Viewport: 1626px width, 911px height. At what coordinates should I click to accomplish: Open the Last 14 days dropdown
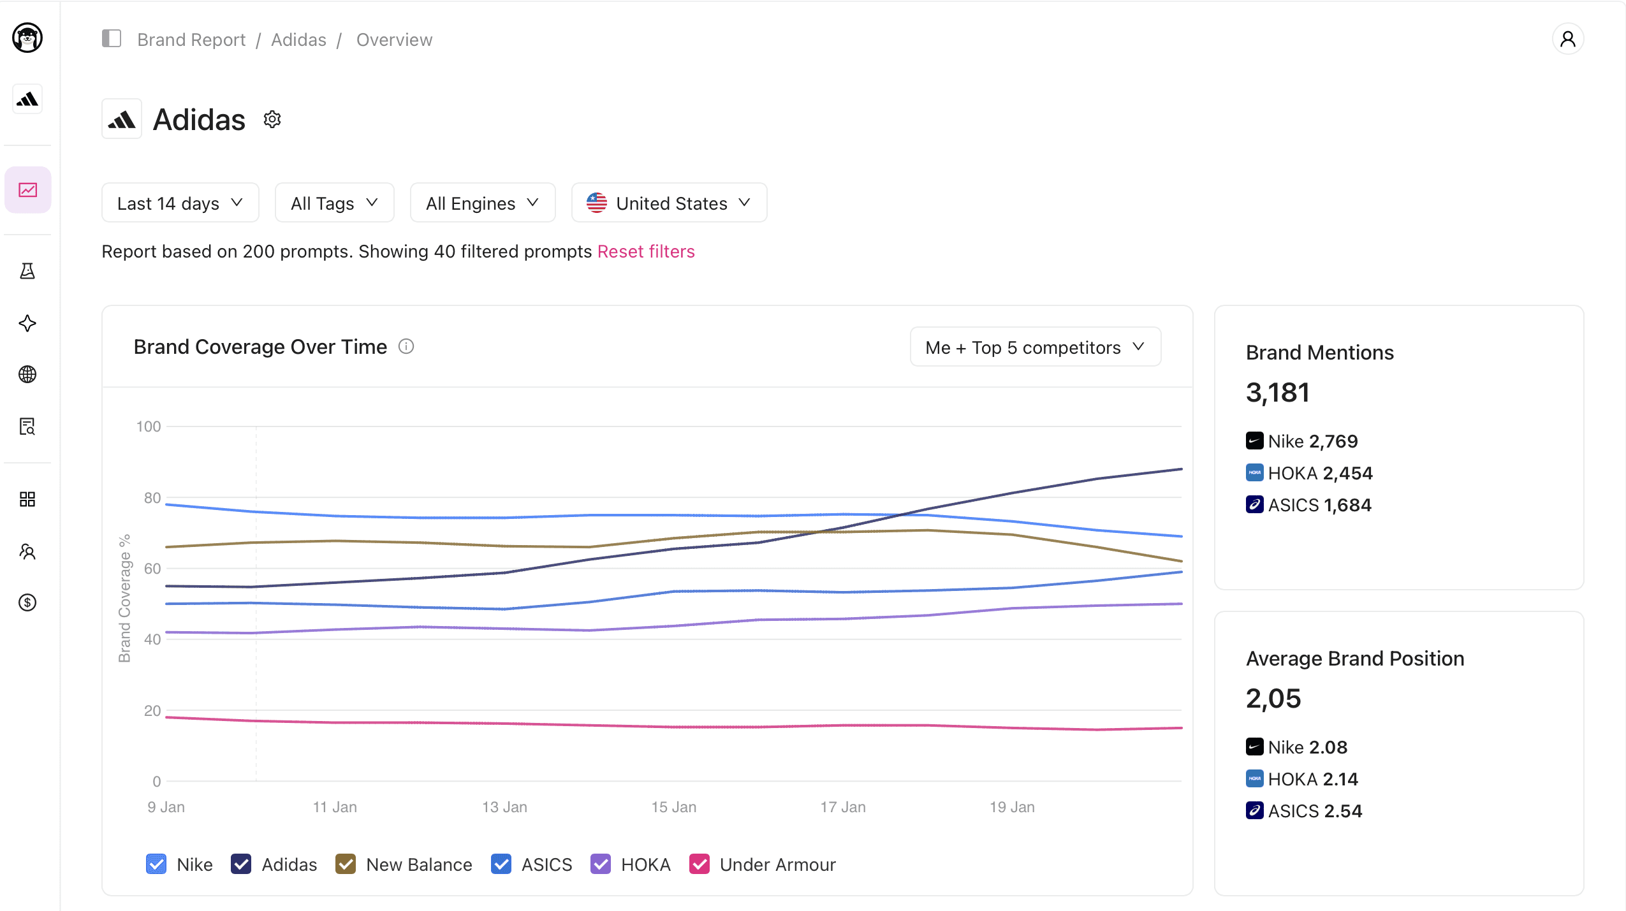click(180, 203)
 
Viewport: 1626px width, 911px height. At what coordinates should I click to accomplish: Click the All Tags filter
click(334, 203)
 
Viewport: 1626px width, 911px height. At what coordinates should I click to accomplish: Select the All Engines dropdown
click(482, 203)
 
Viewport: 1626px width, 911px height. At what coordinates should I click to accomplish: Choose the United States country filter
click(668, 203)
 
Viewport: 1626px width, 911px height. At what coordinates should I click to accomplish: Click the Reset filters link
click(645, 252)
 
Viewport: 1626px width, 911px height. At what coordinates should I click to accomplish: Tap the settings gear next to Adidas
click(272, 120)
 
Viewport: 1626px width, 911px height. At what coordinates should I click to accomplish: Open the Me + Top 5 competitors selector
click(1035, 347)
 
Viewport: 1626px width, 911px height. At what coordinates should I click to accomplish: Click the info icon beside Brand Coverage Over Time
click(406, 347)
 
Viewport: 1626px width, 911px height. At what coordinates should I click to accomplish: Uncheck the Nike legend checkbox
click(156, 864)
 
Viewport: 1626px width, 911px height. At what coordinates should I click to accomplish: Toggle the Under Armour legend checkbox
click(699, 864)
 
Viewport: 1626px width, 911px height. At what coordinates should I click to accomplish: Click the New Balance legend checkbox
click(346, 864)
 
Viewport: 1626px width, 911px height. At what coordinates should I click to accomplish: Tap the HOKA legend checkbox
click(601, 864)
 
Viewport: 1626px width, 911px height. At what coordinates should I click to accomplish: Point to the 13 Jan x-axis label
click(504, 807)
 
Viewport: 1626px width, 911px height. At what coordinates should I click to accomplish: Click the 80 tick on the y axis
click(152, 498)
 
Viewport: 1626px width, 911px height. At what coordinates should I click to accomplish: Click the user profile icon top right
click(1567, 40)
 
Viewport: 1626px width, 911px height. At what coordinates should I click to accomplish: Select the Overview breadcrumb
click(394, 40)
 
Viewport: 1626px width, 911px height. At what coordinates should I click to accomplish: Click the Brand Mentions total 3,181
click(1277, 393)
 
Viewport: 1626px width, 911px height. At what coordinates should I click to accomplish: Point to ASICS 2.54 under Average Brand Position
click(1314, 811)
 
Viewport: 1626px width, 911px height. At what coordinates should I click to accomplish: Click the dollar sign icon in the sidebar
click(27, 602)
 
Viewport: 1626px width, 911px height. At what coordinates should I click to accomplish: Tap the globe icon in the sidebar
click(27, 374)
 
